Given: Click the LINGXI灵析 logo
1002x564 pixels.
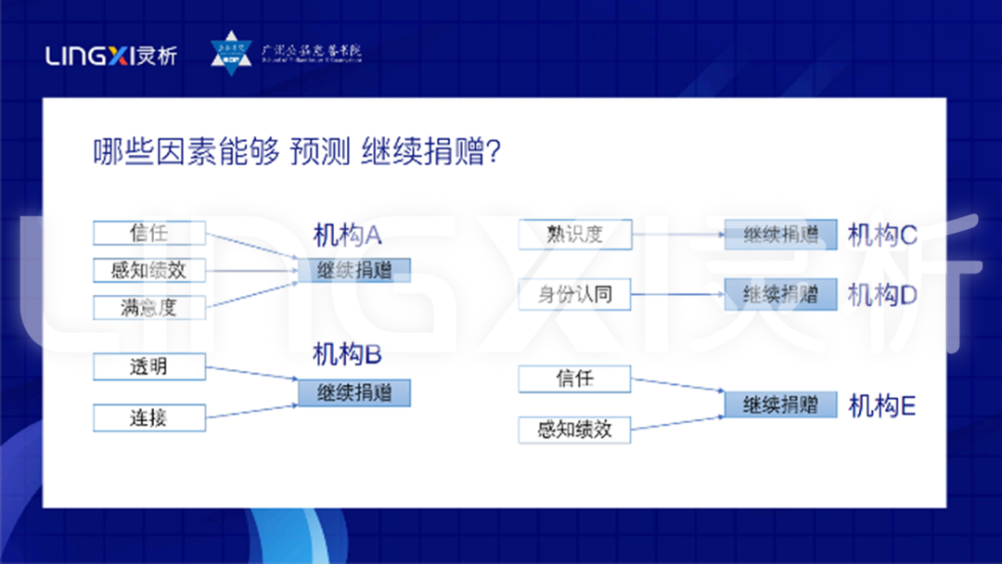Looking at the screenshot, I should pos(110,57).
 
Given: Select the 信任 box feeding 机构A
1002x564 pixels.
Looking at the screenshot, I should pos(148,233).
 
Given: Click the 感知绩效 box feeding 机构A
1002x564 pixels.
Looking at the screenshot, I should pos(148,271).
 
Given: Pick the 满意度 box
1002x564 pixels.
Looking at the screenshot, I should pos(148,307).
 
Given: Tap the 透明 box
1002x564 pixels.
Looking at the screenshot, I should pos(148,366).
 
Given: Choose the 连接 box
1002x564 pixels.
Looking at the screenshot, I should pos(148,417).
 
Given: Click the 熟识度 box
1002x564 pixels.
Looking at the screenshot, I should pos(574,235).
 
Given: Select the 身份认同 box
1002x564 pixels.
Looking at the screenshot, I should pos(574,295).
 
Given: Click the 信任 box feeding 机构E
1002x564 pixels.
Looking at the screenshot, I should pos(574,378).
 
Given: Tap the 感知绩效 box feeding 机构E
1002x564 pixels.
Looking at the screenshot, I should pos(574,429).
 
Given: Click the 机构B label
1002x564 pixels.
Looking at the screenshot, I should pos(348,354).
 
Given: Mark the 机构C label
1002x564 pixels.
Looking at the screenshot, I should pos(882,236).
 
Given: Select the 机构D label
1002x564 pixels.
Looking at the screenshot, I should pos(882,295).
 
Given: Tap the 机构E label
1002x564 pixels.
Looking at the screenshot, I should pos(882,406).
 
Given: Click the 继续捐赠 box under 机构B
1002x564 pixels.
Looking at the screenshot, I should pos(353,392).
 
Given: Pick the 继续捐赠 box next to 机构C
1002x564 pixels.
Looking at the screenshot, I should pos(780,235).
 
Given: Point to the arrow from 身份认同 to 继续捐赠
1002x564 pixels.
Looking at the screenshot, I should pos(677,295).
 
